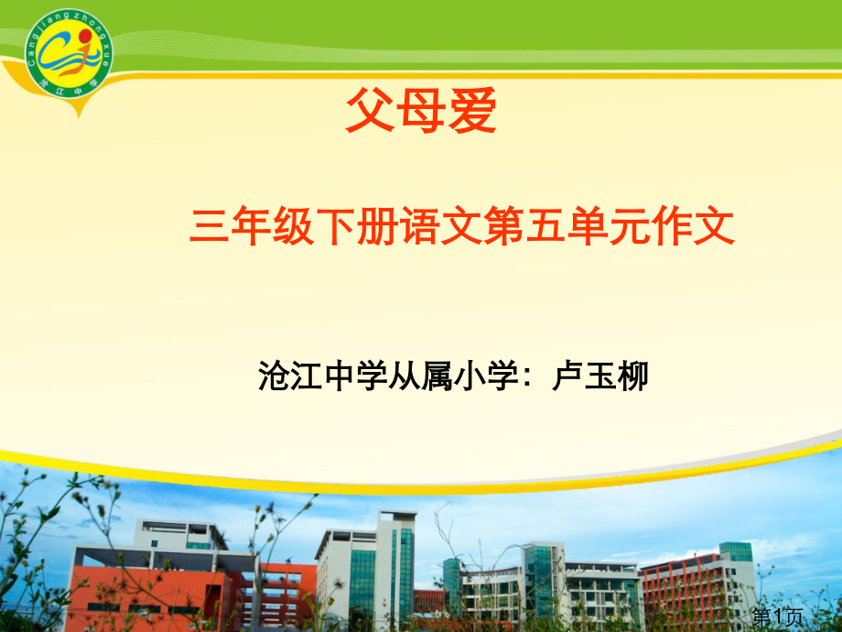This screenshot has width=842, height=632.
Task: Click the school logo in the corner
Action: point(69,56)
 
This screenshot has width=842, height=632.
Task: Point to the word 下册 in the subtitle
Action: point(358,227)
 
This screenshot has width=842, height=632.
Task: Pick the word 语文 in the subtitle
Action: point(442,227)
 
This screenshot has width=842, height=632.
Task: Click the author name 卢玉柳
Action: point(601,376)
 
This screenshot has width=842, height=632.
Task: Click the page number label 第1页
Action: point(777,616)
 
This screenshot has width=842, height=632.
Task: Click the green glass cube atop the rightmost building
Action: point(735,551)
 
